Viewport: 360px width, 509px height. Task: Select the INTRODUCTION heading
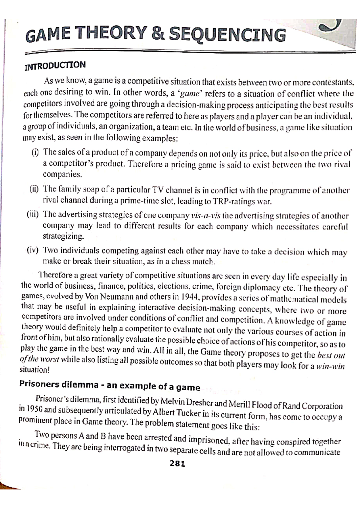[x=55, y=66]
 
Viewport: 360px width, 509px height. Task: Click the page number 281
[x=178, y=464]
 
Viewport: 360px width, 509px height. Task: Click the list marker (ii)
[x=34, y=189]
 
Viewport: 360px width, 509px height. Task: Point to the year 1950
[x=35, y=409]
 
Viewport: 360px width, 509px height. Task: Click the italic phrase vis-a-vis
[x=205, y=216]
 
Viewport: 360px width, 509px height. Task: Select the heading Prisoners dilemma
[x=59, y=384]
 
